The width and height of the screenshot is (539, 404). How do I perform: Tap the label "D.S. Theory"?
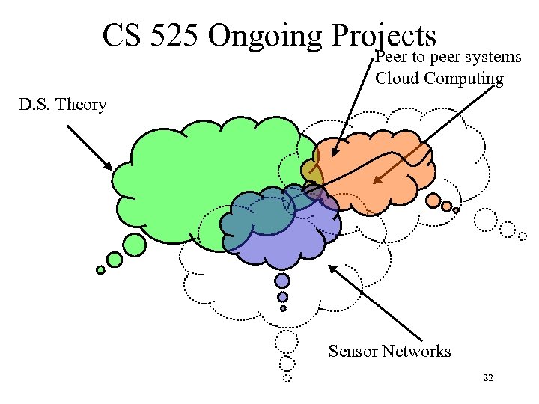(x=63, y=105)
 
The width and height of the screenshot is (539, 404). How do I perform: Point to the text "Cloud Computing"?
(x=439, y=78)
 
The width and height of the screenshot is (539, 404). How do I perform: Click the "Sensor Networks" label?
(x=389, y=351)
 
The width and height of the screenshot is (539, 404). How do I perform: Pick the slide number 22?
(x=488, y=379)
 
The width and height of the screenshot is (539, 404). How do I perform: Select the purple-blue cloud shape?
(x=299, y=239)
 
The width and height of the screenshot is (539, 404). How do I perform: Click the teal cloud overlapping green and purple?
(x=258, y=213)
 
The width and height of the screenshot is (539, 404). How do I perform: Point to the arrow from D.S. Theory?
(x=89, y=147)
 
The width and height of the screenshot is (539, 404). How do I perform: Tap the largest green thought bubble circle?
(x=135, y=244)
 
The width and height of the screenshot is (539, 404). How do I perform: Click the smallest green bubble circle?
(x=100, y=270)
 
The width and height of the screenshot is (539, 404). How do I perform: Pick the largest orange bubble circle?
(x=433, y=201)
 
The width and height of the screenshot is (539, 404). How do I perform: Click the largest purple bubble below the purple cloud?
(x=282, y=281)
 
